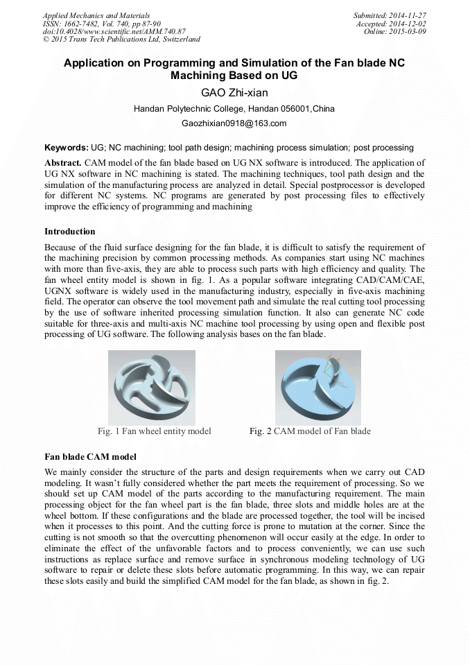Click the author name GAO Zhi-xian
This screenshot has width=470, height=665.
pyautogui.click(x=234, y=93)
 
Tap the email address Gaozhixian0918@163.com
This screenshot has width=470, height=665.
pyautogui.click(x=234, y=123)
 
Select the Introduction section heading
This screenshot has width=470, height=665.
pyautogui.click(x=70, y=231)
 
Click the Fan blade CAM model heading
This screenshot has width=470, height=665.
pyautogui.click(x=90, y=456)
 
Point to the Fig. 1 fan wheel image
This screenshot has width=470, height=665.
pyautogui.click(x=152, y=387)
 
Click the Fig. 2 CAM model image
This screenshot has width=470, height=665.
pyautogui.click(x=317, y=387)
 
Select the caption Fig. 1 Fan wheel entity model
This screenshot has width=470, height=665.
pyautogui.click(x=155, y=431)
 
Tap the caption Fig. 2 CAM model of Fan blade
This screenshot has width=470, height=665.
pyautogui.click(x=310, y=431)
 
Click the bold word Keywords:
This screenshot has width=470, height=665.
pyautogui.click(x=67, y=148)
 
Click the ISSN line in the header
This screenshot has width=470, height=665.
pyautogui.click(x=101, y=24)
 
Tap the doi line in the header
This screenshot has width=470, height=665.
pyautogui.click(x=114, y=32)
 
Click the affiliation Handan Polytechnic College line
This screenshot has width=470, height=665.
pyautogui.click(x=234, y=109)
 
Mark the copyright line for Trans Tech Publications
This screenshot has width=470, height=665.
pyautogui.click(x=121, y=40)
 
